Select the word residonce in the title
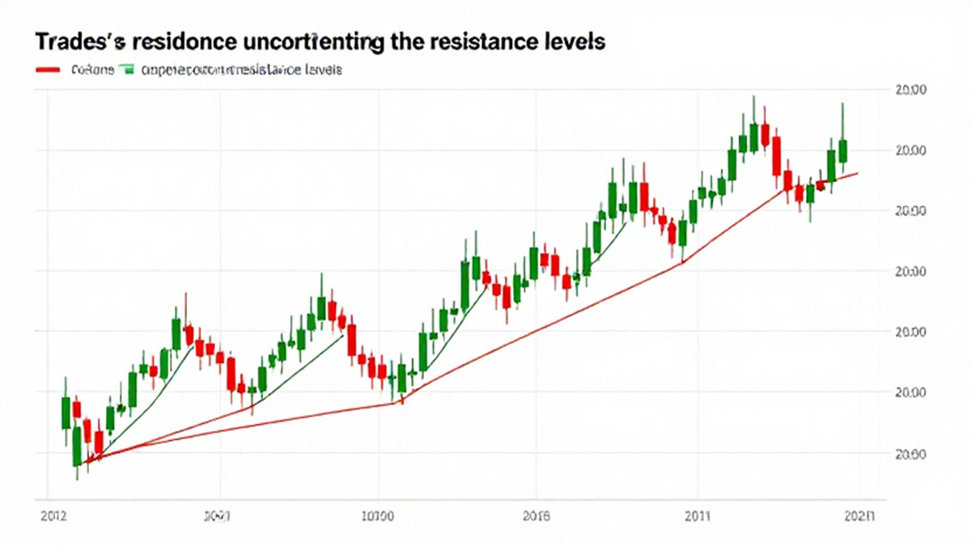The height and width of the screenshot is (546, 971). tap(172, 42)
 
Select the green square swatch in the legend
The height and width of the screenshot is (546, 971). tap(125, 70)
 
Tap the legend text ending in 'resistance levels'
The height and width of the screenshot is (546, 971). tap(241, 70)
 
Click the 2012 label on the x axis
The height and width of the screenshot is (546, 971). tap(53, 514)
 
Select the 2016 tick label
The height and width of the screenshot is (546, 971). tap(536, 514)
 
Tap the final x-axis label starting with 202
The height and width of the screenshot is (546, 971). tap(858, 514)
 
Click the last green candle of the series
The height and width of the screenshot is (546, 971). tap(842, 150)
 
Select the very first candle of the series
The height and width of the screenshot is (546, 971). tap(66, 413)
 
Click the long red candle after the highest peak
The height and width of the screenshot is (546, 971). tap(776, 155)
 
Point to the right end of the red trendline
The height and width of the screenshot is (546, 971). tap(857, 173)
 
